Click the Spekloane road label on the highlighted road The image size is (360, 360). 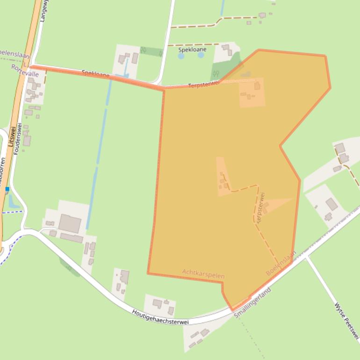pyautogui.click(x=96, y=74)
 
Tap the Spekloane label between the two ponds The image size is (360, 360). pyautogui.click(x=192, y=50)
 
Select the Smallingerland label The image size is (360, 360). pyautogui.click(x=252, y=303)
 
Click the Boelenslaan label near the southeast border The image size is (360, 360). pyautogui.click(x=281, y=263)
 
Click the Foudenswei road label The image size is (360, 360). pyautogui.click(x=18, y=137)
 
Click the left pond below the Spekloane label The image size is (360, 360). pyautogui.click(x=181, y=56)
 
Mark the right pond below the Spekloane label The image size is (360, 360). pyautogui.click(x=201, y=55)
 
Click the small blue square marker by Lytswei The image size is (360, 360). pyautogui.click(x=7, y=189)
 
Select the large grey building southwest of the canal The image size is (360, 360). pyautogui.click(x=69, y=223)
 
